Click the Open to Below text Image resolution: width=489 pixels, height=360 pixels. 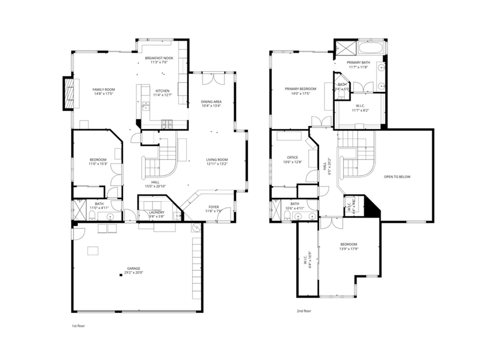pos(397,177)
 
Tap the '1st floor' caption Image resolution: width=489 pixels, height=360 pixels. pos(78,326)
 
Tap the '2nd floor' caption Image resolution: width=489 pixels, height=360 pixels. pos(303,311)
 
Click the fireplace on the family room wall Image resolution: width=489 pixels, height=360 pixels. pos(68,93)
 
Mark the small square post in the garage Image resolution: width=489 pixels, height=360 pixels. pos(122,276)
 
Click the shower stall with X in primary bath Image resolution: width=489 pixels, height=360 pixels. pos(344,48)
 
